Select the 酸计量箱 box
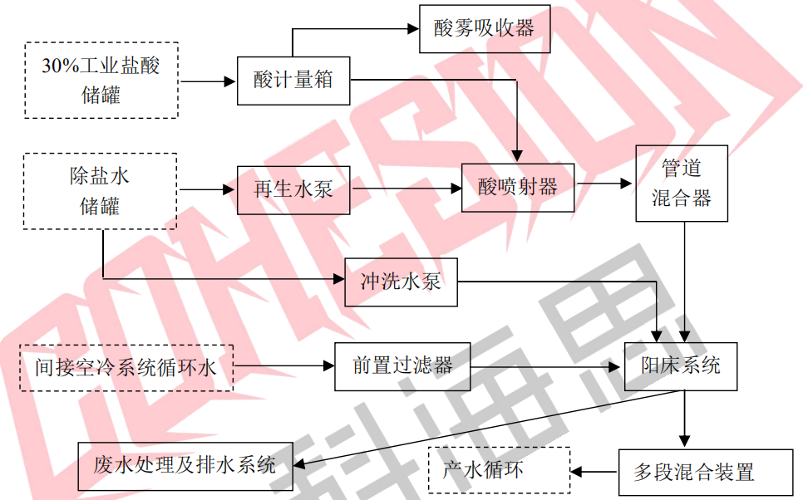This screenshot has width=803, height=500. pyautogui.click(x=293, y=81)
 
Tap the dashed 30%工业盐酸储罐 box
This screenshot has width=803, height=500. pyautogui.click(x=101, y=80)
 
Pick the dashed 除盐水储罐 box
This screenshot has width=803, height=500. pyautogui.click(x=101, y=191)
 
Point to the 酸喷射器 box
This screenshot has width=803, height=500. pyautogui.click(x=518, y=187)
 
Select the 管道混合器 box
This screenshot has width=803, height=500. pyautogui.click(x=682, y=184)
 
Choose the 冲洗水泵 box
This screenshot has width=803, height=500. pyautogui.click(x=401, y=282)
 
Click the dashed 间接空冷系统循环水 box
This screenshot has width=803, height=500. pyautogui.click(x=126, y=366)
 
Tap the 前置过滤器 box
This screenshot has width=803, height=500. pyautogui.click(x=403, y=366)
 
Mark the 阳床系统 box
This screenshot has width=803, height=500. pyautogui.click(x=681, y=365)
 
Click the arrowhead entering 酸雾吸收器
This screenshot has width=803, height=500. pyautogui.click(x=413, y=28)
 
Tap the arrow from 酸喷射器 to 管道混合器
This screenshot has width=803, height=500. pyautogui.click(x=604, y=184)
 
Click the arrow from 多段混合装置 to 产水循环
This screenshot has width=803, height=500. pyautogui.click(x=594, y=473)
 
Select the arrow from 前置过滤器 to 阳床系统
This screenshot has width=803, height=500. pyautogui.click(x=549, y=366)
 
